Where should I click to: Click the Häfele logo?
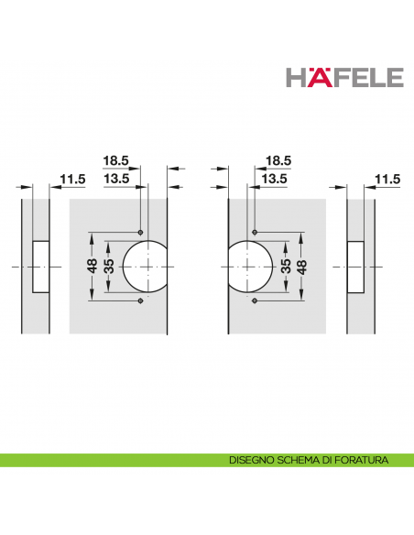pos(344,78)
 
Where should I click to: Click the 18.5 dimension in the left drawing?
pos(116,160)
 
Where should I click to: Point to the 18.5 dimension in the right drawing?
pos(278,160)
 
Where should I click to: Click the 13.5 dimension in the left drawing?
pos(116,179)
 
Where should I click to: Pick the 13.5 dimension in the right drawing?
pos(274,179)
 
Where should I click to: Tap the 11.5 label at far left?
pos(72,180)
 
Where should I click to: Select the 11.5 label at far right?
pos(387,180)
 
